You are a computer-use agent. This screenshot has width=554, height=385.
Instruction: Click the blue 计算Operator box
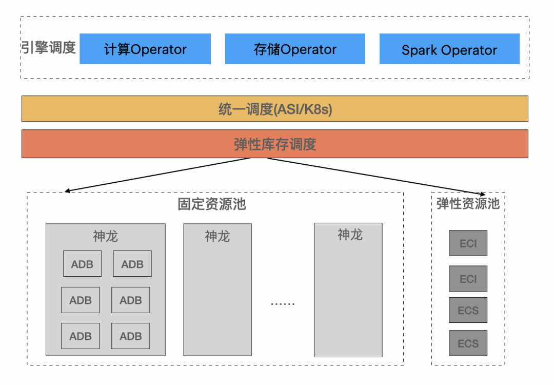[145, 49]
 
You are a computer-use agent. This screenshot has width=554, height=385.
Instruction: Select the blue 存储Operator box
[295, 49]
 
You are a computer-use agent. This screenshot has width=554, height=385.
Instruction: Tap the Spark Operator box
[449, 49]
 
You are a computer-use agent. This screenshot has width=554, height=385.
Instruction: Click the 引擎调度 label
[48, 47]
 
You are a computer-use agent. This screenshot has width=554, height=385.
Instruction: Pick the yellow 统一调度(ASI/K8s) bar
[275, 108]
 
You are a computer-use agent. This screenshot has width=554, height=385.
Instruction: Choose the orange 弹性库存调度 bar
[275, 144]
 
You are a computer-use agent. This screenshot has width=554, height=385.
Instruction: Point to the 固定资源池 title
[212, 204]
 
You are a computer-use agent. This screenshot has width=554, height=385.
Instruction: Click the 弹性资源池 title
[468, 203]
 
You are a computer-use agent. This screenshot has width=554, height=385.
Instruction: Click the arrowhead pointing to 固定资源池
[67, 191]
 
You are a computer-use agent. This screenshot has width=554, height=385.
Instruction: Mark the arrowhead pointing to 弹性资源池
[483, 194]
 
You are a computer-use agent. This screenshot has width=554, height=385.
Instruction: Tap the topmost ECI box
[468, 243]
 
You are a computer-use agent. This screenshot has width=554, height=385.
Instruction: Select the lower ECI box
[468, 279]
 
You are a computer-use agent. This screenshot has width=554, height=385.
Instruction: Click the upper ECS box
[468, 310]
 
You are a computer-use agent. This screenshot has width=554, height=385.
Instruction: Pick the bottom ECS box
[468, 343]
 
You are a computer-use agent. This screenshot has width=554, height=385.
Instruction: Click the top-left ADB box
[82, 264]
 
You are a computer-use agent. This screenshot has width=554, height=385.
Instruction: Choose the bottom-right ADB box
[131, 336]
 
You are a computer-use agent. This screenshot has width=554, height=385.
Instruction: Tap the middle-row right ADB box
[131, 300]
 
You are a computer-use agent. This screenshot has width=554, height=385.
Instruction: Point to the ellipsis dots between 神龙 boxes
[283, 303]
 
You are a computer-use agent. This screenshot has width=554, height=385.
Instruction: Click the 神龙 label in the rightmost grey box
[350, 235]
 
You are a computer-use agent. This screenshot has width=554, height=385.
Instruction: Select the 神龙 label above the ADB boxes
[105, 236]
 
